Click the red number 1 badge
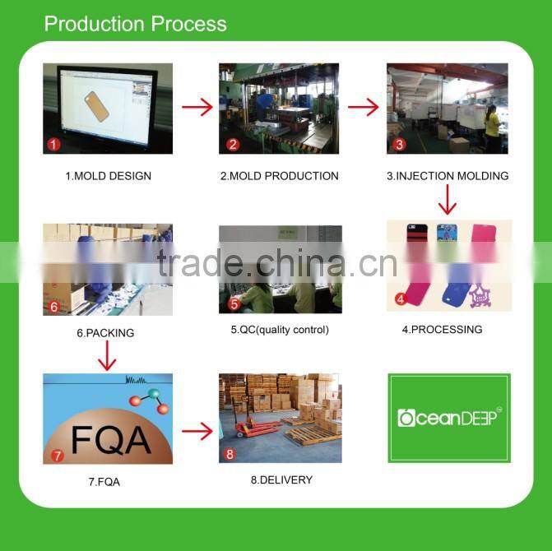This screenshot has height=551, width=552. click(53, 144)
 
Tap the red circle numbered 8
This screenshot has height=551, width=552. click(230, 454)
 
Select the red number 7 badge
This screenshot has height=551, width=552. click(57, 456)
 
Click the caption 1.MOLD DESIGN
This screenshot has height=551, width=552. click(109, 175)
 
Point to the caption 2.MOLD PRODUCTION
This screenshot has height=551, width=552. click(279, 175)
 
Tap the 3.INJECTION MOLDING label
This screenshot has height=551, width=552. click(448, 175)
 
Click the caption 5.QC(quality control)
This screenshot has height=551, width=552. click(280, 330)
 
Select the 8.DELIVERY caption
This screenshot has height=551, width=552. click(281, 479)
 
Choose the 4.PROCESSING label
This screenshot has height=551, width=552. click(442, 329)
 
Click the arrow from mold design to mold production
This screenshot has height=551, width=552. click(197, 107)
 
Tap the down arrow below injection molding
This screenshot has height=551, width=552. click(447, 200)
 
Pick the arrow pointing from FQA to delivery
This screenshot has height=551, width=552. click(197, 431)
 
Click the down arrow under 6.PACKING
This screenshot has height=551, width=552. click(107, 355)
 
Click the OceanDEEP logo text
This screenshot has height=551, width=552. click(449, 418)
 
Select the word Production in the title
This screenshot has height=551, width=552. click(95, 24)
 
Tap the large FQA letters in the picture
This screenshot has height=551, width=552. click(111, 440)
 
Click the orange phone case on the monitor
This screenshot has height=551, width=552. click(96, 106)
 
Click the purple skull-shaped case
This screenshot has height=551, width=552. click(480, 295)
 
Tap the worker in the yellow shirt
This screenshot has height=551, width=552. click(492, 128)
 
